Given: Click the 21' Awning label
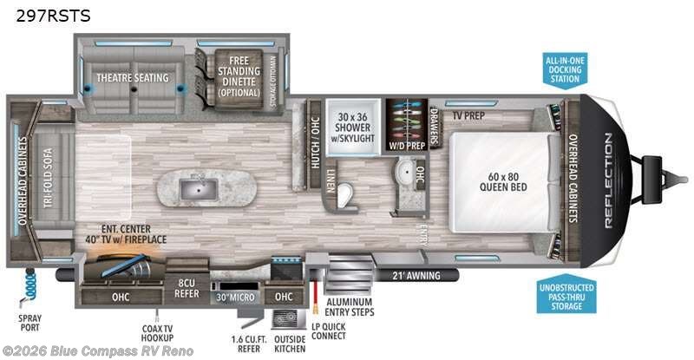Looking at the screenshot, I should (x=416, y=276).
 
